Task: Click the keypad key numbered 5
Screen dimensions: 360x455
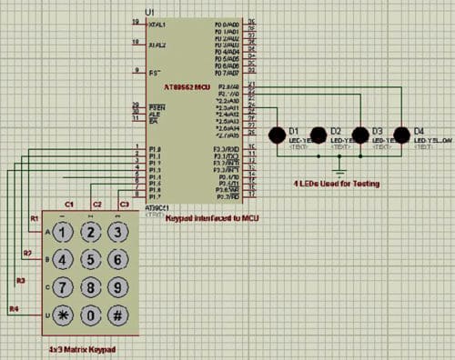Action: (x=89, y=260)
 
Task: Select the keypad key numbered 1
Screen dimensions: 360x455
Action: (x=61, y=232)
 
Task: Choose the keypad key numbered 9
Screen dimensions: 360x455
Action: (x=117, y=289)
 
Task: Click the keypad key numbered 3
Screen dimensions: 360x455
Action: (x=117, y=232)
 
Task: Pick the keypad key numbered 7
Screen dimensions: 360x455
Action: (x=61, y=289)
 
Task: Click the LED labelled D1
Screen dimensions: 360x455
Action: (x=277, y=135)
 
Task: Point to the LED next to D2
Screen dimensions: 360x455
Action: (x=318, y=135)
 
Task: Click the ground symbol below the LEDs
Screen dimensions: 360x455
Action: (x=339, y=169)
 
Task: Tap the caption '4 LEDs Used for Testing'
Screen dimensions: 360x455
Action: (x=338, y=185)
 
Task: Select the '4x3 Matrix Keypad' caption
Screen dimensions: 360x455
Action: (x=83, y=350)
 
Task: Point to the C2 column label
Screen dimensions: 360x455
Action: (x=96, y=205)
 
